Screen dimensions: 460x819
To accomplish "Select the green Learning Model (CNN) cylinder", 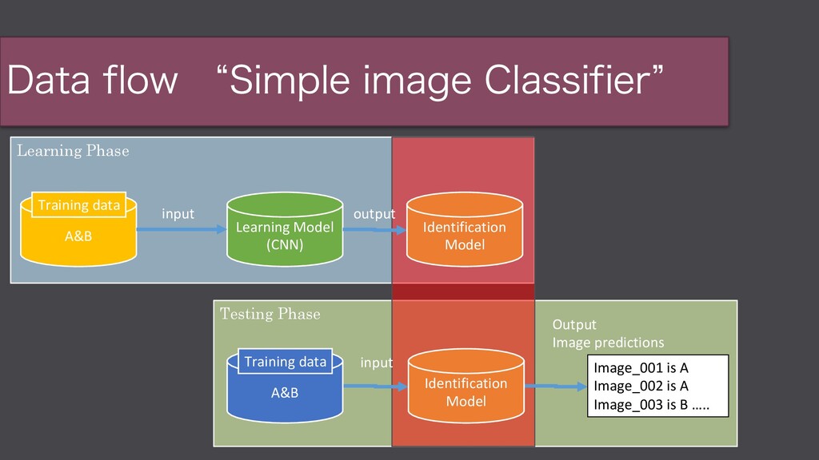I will pos(285,235).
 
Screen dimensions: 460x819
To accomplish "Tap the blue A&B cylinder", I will pos(285,392).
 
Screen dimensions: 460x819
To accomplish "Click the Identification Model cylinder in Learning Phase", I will pos(464,235).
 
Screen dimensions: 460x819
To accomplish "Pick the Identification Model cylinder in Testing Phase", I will pos(465,391).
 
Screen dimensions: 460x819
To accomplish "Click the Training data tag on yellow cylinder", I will pos(78,205).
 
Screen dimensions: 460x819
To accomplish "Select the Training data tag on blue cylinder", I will pos(286,362).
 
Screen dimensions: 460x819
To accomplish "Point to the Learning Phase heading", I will pos(73,151).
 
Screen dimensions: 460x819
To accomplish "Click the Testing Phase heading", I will pos(270,315).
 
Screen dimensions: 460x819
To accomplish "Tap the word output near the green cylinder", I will pos(374,214).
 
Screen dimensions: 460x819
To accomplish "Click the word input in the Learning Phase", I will pos(178,214).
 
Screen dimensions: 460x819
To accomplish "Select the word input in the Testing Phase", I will pos(376,363).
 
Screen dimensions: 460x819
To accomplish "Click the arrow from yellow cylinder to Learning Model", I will pos(182,230).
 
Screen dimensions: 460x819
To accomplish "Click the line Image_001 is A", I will pos(641,369).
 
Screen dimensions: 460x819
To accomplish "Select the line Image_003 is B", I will pos(650,404).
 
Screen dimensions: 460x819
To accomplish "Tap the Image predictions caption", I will pos(608,343).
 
